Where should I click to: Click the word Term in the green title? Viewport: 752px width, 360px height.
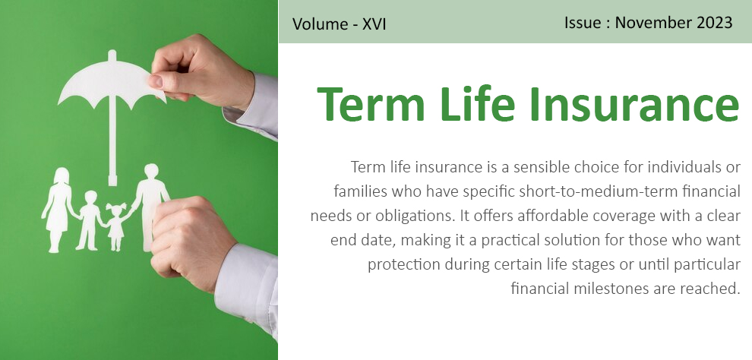click(371, 103)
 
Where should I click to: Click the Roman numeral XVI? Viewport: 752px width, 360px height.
click(374, 24)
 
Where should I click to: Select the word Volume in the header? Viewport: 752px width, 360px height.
click(319, 24)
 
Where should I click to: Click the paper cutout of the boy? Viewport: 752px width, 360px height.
click(90, 220)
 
